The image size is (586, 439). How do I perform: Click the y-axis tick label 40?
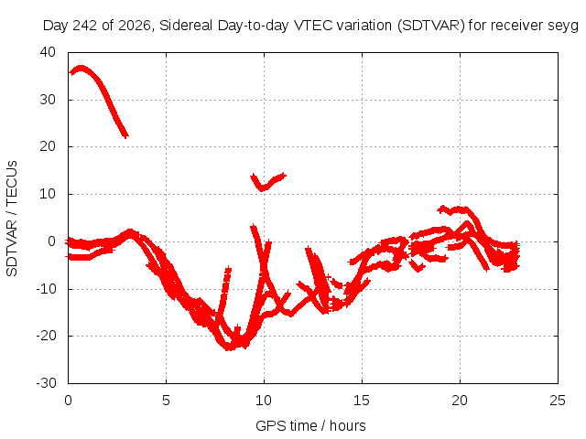pos(48,52)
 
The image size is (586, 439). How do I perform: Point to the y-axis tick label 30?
pos(48,100)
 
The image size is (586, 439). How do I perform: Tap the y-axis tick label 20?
pos(48,146)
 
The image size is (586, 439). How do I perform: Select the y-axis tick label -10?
pos(46,289)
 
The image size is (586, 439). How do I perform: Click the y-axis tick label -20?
pos(46,336)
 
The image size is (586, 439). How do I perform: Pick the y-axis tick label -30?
pos(46,383)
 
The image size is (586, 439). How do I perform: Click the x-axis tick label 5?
pos(166,401)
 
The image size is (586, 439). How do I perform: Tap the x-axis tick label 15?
pos(362,401)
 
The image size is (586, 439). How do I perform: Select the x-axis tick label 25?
pos(558,401)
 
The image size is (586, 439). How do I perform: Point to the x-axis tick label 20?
pos(460,401)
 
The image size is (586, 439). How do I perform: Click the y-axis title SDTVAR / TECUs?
pos(12,219)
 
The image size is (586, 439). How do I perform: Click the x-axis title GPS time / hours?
pos(310,426)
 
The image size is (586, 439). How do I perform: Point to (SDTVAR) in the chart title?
pos(431,26)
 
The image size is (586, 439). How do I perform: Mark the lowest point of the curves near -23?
pos(229,349)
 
